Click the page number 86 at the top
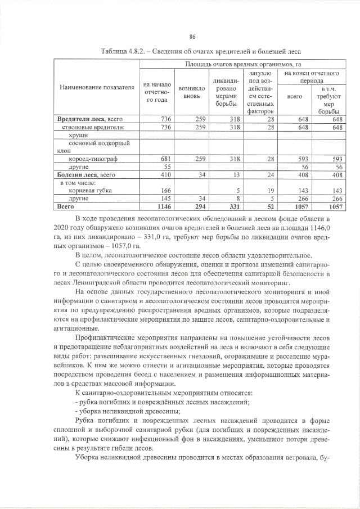(x=192, y=37)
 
